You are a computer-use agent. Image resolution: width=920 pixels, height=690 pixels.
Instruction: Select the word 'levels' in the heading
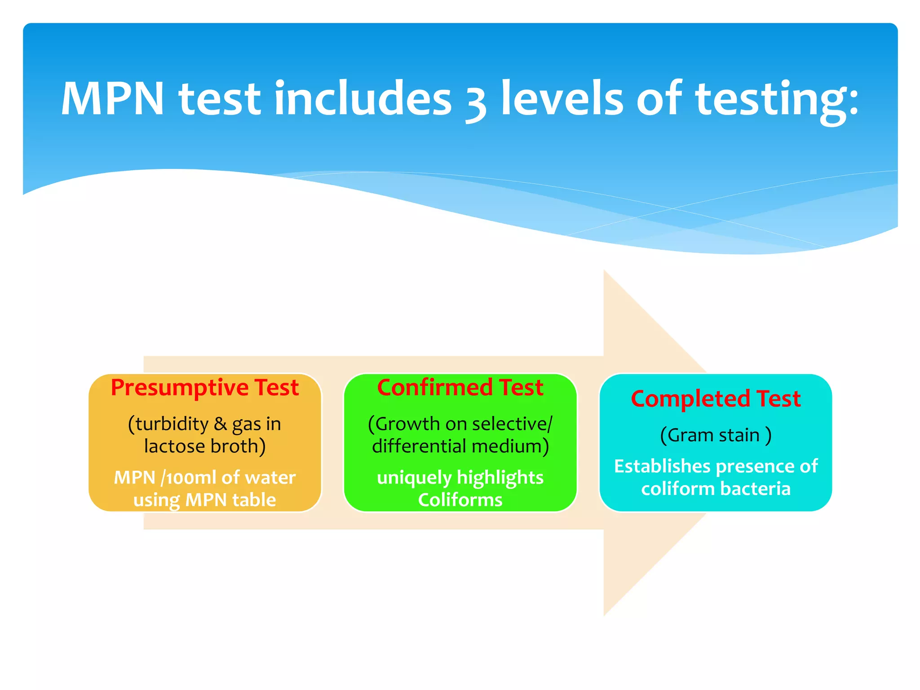pyautogui.click(x=562, y=99)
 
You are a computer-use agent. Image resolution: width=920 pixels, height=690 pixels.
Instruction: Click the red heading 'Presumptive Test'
pyautogui.click(x=205, y=388)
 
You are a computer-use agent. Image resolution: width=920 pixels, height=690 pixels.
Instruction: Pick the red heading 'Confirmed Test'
pyautogui.click(x=460, y=388)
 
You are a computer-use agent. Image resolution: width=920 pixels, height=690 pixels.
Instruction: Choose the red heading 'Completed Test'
pyautogui.click(x=716, y=399)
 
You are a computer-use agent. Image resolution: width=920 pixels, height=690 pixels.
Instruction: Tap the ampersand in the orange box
pyautogui.click(x=220, y=424)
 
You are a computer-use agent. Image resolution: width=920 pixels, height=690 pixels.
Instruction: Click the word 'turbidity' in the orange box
pyautogui.click(x=172, y=424)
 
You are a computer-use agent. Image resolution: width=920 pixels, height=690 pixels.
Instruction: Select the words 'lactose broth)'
pyautogui.click(x=205, y=447)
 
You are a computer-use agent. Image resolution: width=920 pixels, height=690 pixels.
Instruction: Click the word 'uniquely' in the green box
pyautogui.click(x=414, y=478)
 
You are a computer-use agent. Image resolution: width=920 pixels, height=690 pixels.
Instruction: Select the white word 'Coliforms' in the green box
pyautogui.click(x=460, y=500)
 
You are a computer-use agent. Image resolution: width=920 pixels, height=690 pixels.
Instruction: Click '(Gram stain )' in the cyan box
pyautogui.click(x=716, y=435)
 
